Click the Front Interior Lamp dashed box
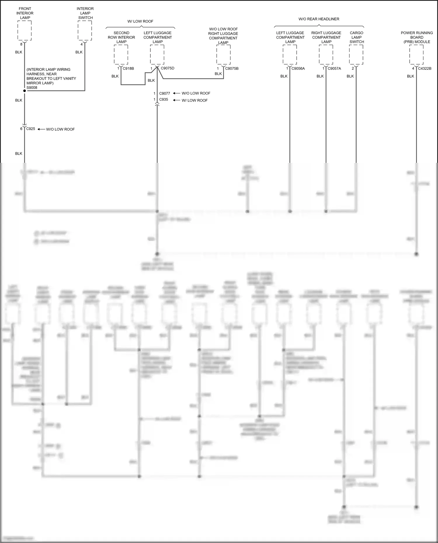(25, 31)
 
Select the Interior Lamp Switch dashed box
(85, 31)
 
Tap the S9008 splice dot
(25, 91)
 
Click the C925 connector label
(31, 129)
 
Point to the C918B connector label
(128, 69)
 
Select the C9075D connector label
(168, 68)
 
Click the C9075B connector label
(232, 69)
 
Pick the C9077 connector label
(165, 93)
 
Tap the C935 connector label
(164, 99)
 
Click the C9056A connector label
(298, 69)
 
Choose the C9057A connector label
(334, 69)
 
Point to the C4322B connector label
(425, 69)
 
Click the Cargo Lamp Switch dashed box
(356, 55)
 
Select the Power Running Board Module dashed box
(416, 55)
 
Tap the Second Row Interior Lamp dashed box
(121, 55)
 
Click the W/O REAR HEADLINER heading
(319, 19)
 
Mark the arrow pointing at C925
(41, 129)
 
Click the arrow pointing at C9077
(176, 93)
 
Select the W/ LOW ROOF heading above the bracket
(140, 21)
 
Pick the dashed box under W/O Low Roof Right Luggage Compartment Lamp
(223, 55)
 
